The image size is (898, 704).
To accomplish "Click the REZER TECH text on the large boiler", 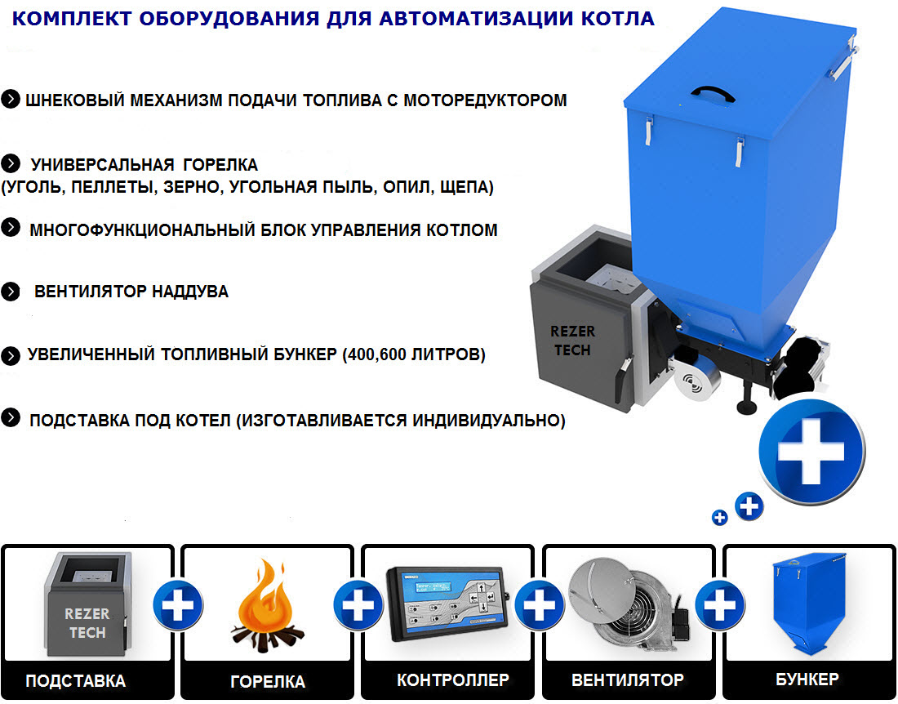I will tap(572, 340).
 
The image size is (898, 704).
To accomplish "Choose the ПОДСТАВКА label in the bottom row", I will tap(76, 680).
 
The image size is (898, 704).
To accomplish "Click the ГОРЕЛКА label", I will tap(267, 681).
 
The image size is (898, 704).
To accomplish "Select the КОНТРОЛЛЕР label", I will tap(453, 679).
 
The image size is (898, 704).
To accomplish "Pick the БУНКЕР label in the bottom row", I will tap(807, 679).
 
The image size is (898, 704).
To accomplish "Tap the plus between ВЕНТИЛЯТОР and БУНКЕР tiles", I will tap(718, 606).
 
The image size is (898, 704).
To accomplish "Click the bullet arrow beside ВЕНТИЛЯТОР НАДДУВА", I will tap(11, 291).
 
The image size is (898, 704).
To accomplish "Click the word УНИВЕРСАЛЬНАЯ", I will tap(102, 164).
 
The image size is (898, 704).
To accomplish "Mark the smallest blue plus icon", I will tap(719, 517).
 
